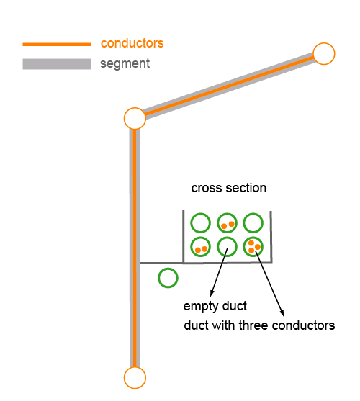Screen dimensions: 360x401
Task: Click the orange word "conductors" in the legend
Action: [132, 43]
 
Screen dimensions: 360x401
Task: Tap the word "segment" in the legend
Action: [125, 63]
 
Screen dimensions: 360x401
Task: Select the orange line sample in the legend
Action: [57, 45]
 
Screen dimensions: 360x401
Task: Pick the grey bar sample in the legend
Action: [57, 64]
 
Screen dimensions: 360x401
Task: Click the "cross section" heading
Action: [229, 188]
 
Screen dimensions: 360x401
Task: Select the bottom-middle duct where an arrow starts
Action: [218, 247]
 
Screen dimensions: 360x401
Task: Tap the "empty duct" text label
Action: [215, 306]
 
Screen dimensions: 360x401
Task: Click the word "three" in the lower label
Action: [253, 325]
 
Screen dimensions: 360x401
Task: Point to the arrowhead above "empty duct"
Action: [212, 293]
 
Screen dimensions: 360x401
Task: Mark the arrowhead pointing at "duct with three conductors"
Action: [282, 313]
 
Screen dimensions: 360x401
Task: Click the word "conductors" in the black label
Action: [303, 325]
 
